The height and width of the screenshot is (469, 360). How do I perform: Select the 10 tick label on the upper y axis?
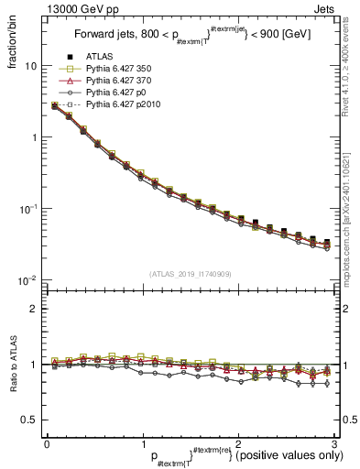(x=30, y=66)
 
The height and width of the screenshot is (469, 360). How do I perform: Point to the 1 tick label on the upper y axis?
(x=34, y=137)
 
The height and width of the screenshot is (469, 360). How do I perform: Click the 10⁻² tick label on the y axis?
(x=27, y=279)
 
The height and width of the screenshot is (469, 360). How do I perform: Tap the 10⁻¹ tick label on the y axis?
(x=27, y=208)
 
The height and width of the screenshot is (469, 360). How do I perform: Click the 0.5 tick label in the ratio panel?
(x=29, y=420)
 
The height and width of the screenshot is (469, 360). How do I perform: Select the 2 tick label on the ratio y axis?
(x=34, y=309)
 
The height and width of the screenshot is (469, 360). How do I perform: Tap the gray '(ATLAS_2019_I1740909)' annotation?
(x=189, y=274)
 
